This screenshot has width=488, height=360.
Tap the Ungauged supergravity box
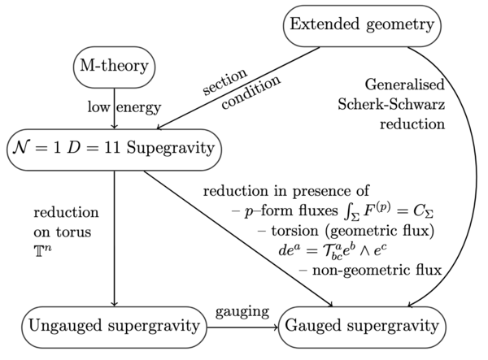click(115, 326)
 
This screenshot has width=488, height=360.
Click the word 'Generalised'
click(404, 84)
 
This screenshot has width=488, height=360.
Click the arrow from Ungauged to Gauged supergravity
click(244, 326)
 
